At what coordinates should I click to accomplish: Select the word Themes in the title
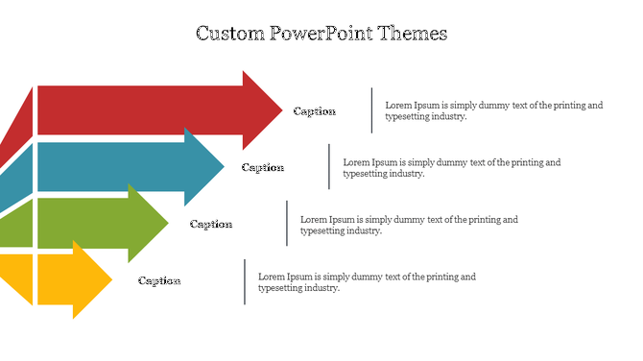(x=414, y=34)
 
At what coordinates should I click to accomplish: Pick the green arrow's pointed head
(x=150, y=224)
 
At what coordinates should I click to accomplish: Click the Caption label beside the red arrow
(x=315, y=111)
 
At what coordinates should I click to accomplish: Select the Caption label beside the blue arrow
(x=263, y=168)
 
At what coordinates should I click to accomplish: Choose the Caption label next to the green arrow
(x=211, y=225)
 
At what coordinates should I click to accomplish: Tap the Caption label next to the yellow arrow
(x=159, y=281)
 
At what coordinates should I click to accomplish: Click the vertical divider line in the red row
(x=371, y=110)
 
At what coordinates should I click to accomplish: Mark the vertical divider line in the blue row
(x=329, y=167)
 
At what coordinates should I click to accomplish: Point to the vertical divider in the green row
(x=287, y=224)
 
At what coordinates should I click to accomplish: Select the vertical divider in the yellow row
(x=245, y=281)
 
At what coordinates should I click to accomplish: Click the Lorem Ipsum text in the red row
(x=493, y=110)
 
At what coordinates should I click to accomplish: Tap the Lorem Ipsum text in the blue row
(x=451, y=168)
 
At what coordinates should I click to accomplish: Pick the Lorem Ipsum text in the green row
(x=409, y=225)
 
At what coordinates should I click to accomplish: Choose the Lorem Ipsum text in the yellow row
(x=367, y=281)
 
